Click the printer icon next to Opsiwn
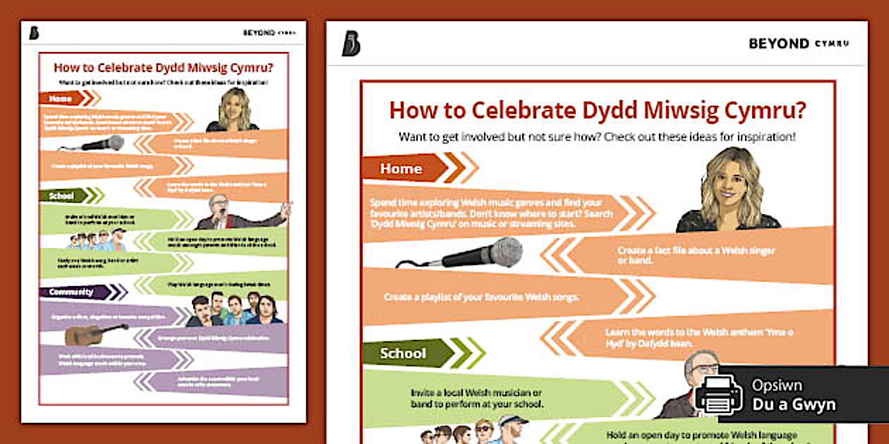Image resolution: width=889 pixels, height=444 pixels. (x=718, y=395)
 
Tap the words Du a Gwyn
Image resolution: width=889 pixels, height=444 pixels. (x=793, y=405)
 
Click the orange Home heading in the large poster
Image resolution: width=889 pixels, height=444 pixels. (x=402, y=168)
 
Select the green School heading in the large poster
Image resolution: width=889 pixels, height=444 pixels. (x=404, y=353)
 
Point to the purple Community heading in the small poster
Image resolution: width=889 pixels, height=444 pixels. (x=71, y=292)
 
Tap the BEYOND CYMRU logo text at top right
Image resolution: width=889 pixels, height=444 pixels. (x=799, y=44)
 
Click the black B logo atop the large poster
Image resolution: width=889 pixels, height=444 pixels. (x=351, y=44)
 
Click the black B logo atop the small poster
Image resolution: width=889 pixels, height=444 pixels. (x=35, y=32)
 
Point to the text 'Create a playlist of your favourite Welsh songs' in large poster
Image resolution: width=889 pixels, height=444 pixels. (x=481, y=297)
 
